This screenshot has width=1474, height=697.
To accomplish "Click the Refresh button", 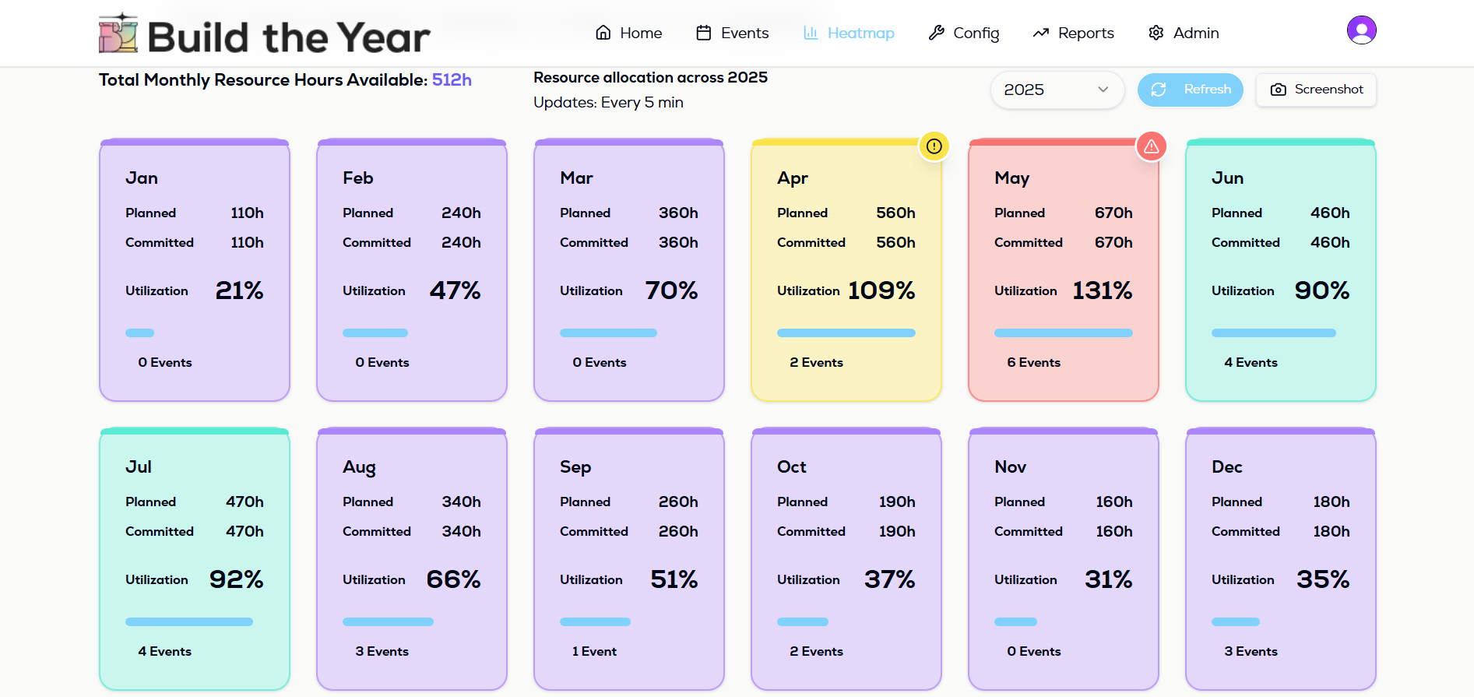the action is coord(1190,90).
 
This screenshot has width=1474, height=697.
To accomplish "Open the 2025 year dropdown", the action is coord(1057,90).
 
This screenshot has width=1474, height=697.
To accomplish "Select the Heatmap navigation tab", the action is coord(849,33).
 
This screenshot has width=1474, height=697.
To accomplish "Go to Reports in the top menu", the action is coord(1073,33).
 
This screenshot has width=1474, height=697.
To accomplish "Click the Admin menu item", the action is coord(1184,33).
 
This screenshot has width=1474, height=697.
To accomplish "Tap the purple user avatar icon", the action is coord(1361,30).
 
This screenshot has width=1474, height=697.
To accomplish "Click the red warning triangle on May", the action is coord(1151,146).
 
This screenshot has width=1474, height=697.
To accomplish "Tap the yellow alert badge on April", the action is coord(934,146).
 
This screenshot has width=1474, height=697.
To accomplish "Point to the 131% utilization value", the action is coord(1102,290).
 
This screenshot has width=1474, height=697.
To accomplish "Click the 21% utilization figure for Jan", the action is coord(239,290).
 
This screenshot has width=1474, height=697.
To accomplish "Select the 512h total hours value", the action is coord(452,80).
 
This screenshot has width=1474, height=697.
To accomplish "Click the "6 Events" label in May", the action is coord(1033,362).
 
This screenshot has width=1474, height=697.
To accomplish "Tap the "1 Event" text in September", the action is coord(594,651).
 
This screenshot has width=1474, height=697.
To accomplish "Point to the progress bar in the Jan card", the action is coord(140,333).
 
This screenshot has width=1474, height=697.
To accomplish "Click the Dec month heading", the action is coord(1226,466).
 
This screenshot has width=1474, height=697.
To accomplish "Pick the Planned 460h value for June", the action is coord(1330,213).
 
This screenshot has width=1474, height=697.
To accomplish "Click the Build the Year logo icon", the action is coord(118,33).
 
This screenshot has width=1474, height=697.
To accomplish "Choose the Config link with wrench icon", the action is coord(963,33).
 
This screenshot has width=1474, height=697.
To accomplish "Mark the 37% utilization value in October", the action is coord(889,579).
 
